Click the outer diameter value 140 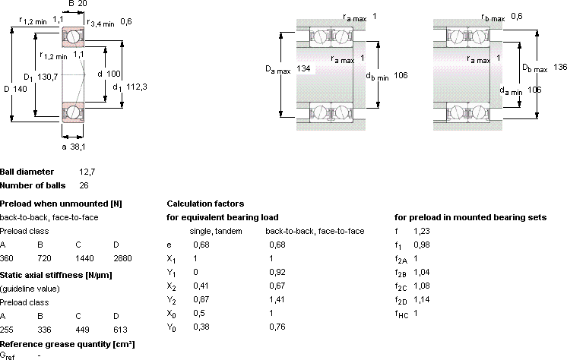pos(21,89)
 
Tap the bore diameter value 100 pos(114,74)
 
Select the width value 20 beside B pos(82,4)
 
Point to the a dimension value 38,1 pos(78,147)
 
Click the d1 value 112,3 pos(137,87)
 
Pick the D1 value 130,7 pos(47,77)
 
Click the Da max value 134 pos(303,68)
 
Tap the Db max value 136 pos(560,68)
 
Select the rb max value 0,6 pos(517,16)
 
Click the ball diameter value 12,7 pos(87,172)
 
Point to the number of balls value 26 pos(84,186)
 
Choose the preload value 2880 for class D pos(122,258)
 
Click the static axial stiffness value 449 pos(82,330)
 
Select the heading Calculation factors pos(205,204)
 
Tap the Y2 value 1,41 pos(277,300)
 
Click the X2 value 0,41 pos(201,286)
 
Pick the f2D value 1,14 pos(422,300)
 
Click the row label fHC pos(401,314)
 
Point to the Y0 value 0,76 pos(277,327)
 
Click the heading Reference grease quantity pos(67,344)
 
